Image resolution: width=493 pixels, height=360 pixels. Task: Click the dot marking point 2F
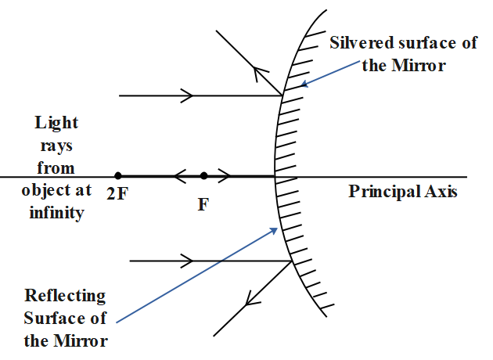117,176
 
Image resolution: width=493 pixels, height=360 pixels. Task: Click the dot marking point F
203,176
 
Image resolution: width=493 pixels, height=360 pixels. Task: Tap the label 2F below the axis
117,192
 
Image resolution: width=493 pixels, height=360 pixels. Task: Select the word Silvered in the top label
360,42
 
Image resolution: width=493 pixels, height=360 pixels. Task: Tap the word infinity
56,213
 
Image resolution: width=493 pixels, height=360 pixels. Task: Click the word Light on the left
56,124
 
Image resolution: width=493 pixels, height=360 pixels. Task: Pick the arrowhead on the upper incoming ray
188,96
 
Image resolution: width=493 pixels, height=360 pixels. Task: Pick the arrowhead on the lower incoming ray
188,260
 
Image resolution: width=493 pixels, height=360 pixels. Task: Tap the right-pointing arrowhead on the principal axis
225,176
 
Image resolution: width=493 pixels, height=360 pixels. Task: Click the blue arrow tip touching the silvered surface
302,85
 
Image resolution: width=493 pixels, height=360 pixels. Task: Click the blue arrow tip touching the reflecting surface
277,228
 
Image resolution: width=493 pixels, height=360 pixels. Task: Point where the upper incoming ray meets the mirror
283,96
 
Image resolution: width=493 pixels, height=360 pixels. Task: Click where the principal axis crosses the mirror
275,176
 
